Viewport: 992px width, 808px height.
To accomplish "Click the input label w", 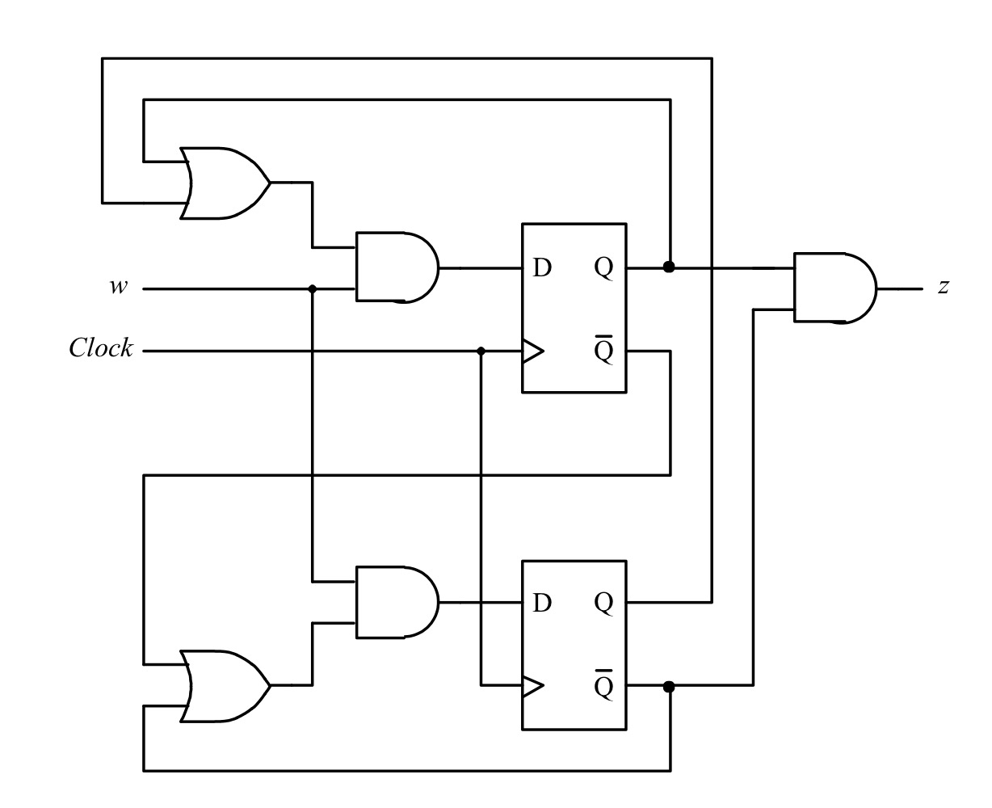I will (x=119, y=287).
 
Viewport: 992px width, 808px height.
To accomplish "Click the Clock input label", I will (x=101, y=348).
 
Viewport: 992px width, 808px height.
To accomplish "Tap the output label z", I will (x=943, y=287).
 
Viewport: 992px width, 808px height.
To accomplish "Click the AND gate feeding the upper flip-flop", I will (x=396, y=267).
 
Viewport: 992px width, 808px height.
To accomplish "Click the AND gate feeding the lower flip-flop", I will (x=396, y=602).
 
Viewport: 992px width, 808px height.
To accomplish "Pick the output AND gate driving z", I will (x=834, y=288).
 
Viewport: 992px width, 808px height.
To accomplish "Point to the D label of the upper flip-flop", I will (x=542, y=268).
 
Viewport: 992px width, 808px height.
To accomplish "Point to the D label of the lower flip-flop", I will (x=542, y=603).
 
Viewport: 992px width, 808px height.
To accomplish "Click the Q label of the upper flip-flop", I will (x=603, y=268).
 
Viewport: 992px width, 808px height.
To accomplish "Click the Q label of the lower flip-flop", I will (x=603, y=603).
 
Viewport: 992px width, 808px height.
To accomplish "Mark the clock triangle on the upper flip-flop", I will (x=532, y=351).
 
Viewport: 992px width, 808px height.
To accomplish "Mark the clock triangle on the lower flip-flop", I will (x=532, y=686).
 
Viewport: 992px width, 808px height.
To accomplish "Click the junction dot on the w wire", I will (x=313, y=288).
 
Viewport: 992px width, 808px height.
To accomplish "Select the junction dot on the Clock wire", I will (x=481, y=351).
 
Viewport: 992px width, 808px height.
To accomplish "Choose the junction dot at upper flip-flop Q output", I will (x=669, y=267).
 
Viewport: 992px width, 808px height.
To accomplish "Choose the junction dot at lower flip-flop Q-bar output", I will (x=669, y=687).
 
